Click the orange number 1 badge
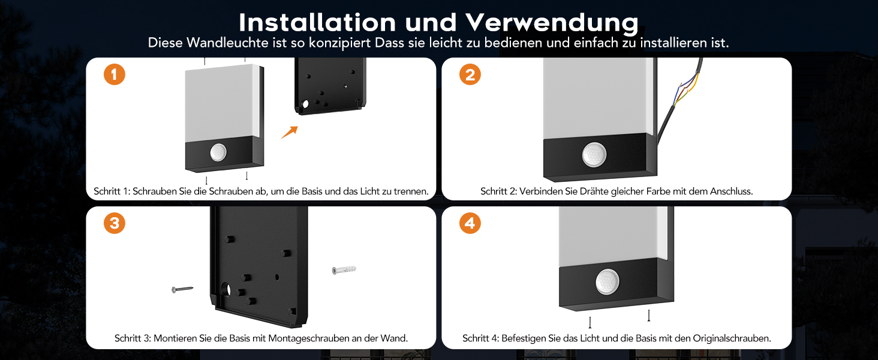(x=115, y=74)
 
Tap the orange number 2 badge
(x=470, y=74)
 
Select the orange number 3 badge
(x=115, y=223)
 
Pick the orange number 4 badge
(x=470, y=223)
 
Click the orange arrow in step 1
(x=290, y=132)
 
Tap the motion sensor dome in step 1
(x=218, y=152)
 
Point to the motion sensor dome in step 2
(x=594, y=155)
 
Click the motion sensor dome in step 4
(x=608, y=281)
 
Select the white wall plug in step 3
(x=344, y=270)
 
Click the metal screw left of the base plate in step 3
(x=182, y=289)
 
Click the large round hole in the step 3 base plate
(x=227, y=290)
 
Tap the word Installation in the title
(x=317, y=22)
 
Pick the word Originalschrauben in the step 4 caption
(x=732, y=338)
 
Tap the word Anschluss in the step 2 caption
(x=732, y=191)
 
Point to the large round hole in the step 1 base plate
(x=305, y=104)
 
